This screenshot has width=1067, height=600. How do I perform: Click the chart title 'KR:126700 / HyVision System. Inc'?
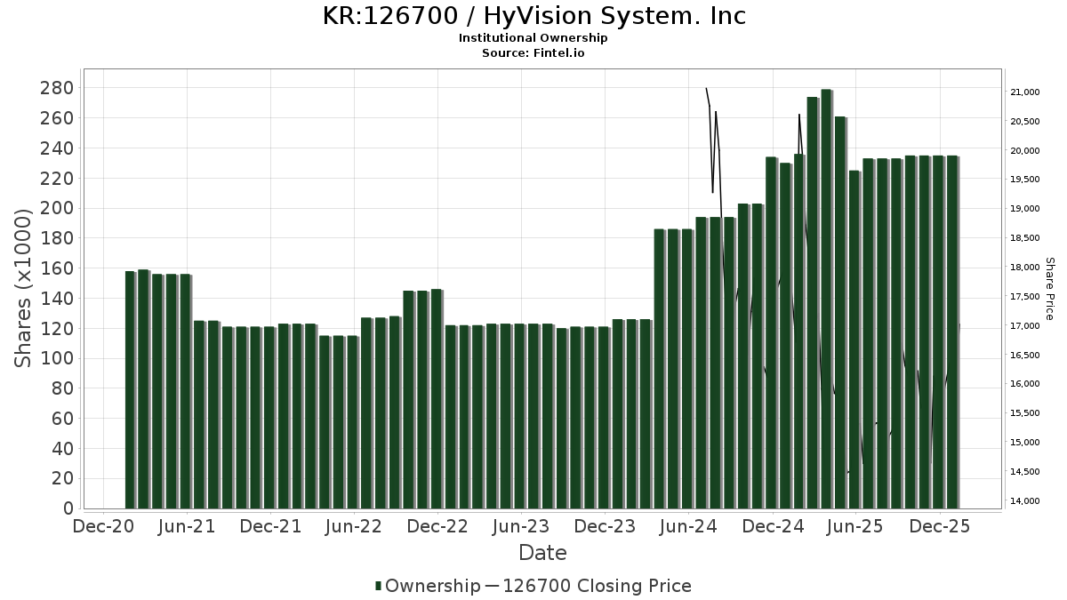pyautogui.click(x=533, y=16)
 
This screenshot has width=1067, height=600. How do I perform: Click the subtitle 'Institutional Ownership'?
pyautogui.click(x=533, y=38)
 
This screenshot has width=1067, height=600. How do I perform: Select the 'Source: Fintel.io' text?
pyautogui.click(x=533, y=53)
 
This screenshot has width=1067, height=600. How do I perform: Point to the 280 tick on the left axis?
pyautogui.click(x=56, y=88)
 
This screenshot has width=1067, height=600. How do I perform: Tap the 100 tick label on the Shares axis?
pyautogui.click(x=56, y=358)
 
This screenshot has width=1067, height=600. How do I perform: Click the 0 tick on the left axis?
pyautogui.click(x=68, y=508)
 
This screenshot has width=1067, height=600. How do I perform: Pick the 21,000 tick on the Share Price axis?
pyautogui.click(x=1025, y=92)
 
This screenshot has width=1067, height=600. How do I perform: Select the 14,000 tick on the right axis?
pyautogui.click(x=1025, y=501)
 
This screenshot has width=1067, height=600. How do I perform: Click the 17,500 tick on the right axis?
pyautogui.click(x=1025, y=297)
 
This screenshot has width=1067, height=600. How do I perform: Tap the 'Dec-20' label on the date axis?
pyautogui.click(x=104, y=526)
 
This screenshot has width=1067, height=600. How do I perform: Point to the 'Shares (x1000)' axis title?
pyautogui.click(x=24, y=288)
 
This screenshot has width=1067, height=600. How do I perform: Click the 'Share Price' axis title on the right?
pyautogui.click(x=1049, y=288)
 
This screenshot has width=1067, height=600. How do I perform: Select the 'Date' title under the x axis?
pyautogui.click(x=542, y=553)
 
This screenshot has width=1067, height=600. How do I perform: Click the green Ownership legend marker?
pyautogui.click(x=379, y=586)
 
